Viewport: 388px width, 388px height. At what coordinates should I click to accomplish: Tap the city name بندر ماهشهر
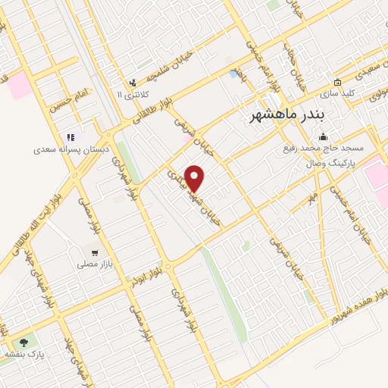click(286, 115)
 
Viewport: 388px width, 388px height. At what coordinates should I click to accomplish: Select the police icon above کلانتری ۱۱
click(133, 83)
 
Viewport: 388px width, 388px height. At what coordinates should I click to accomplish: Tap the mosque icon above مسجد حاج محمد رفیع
click(324, 137)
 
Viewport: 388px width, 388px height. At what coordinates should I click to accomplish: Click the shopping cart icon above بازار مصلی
click(94, 254)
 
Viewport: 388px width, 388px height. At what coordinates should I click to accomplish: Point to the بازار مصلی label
click(94, 265)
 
